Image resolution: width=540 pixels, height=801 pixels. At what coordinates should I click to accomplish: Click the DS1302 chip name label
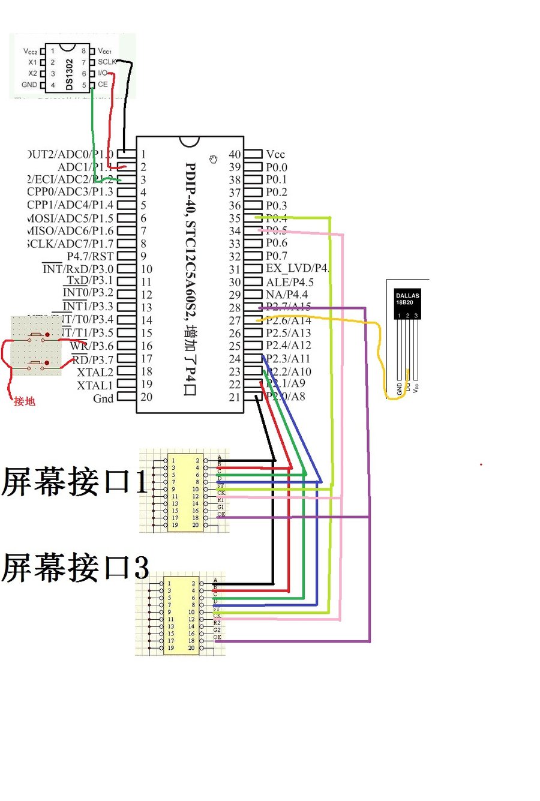70,74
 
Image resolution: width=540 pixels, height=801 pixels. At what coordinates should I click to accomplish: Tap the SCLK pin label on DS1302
106,62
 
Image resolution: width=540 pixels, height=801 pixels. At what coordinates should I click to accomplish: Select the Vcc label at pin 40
275,154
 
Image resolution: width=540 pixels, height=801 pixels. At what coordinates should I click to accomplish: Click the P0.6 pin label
277,243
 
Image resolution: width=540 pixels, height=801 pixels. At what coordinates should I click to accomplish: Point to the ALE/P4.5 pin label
290,282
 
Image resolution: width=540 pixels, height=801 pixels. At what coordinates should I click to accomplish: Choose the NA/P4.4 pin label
287,295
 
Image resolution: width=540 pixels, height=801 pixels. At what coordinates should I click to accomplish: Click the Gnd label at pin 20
103,398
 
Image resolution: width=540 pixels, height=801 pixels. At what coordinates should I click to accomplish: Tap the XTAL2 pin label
95,372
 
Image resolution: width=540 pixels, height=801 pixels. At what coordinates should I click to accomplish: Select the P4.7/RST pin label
90,256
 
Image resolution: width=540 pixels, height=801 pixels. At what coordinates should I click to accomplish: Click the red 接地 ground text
25,401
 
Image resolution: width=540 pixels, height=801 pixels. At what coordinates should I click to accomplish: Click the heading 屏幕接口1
74,482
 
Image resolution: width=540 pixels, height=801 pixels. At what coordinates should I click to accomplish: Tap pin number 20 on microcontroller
146,397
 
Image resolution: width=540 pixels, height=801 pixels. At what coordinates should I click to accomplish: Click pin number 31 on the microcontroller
235,269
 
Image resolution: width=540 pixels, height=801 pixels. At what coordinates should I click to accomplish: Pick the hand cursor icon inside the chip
213,159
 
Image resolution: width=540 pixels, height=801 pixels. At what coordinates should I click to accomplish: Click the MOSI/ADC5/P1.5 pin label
70,218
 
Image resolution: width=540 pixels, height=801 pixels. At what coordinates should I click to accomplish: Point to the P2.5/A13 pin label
288,333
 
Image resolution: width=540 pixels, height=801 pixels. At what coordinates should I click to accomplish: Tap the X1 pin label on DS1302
32,62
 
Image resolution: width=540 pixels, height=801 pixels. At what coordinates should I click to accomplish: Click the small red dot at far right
481,464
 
